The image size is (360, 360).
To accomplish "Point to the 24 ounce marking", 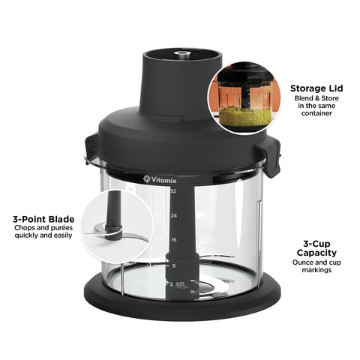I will (173, 216).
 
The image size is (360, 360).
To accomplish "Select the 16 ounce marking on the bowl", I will (173, 240).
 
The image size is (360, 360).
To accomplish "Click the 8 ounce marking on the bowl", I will (173, 265).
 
